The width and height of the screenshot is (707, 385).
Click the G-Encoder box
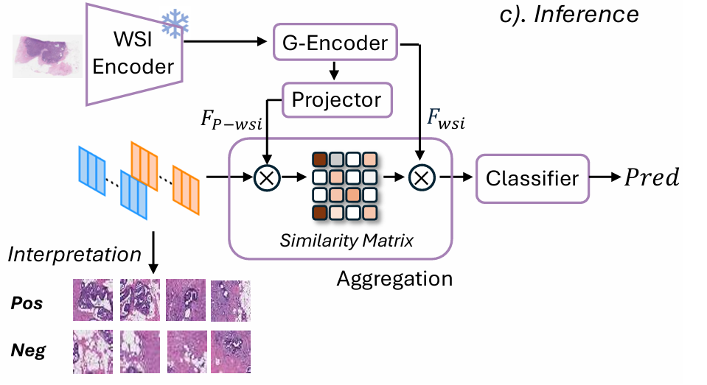tap(335, 43)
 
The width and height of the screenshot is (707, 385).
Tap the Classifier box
tap(532, 177)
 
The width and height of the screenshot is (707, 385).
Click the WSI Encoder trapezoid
tap(133, 55)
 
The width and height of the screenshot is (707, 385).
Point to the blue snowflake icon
tap(175, 24)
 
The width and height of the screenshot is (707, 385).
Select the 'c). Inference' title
tap(565, 14)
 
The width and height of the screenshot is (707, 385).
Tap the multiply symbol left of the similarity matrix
tap(264, 177)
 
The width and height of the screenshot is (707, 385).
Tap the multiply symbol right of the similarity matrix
tap(421, 177)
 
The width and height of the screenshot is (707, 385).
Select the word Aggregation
tap(394, 279)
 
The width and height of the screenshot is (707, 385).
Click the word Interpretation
tap(74, 255)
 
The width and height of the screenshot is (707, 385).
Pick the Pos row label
tap(27, 304)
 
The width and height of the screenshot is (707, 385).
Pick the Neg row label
tap(28, 350)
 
